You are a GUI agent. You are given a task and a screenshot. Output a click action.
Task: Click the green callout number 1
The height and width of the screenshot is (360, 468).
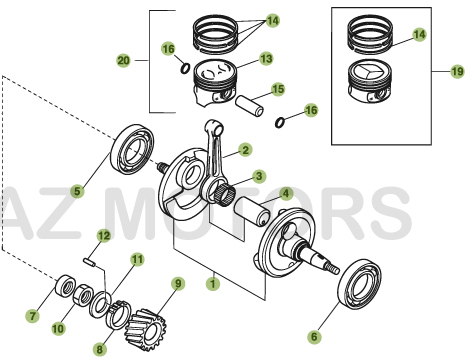tap(211, 283)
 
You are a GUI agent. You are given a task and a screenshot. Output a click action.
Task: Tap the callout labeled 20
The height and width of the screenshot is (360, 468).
tap(124, 61)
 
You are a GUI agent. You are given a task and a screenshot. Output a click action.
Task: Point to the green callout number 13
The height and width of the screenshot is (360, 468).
tap(265, 59)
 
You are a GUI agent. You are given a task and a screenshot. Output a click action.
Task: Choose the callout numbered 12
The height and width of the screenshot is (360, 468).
tap(102, 235)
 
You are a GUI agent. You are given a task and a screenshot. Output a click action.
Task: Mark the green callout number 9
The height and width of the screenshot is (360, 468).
tap(179, 283)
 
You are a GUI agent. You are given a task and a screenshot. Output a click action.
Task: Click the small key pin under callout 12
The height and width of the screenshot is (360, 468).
tap(89, 264)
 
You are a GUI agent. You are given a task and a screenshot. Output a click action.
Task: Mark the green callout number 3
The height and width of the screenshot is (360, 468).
tap(258, 176)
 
